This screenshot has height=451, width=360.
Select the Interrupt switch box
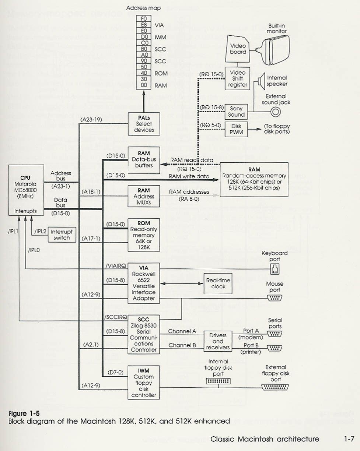pos(62,235)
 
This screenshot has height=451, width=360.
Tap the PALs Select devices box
pos(144,124)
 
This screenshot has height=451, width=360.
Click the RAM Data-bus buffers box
pos(144,160)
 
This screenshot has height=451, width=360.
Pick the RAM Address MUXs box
pos(144,196)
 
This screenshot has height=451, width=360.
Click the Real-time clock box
pos(218,283)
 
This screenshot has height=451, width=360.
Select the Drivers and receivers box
pos(218,341)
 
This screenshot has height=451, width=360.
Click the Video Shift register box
pos(237,78)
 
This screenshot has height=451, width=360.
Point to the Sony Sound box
pos(236,112)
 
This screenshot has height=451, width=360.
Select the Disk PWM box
pos(236,129)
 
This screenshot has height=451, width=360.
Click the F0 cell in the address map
pos(143,18)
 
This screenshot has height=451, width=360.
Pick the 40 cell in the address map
pos(143,73)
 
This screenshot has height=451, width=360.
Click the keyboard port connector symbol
pos(275,269)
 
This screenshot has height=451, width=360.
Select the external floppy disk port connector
pos(275,387)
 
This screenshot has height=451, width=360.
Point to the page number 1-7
pos(349,438)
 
